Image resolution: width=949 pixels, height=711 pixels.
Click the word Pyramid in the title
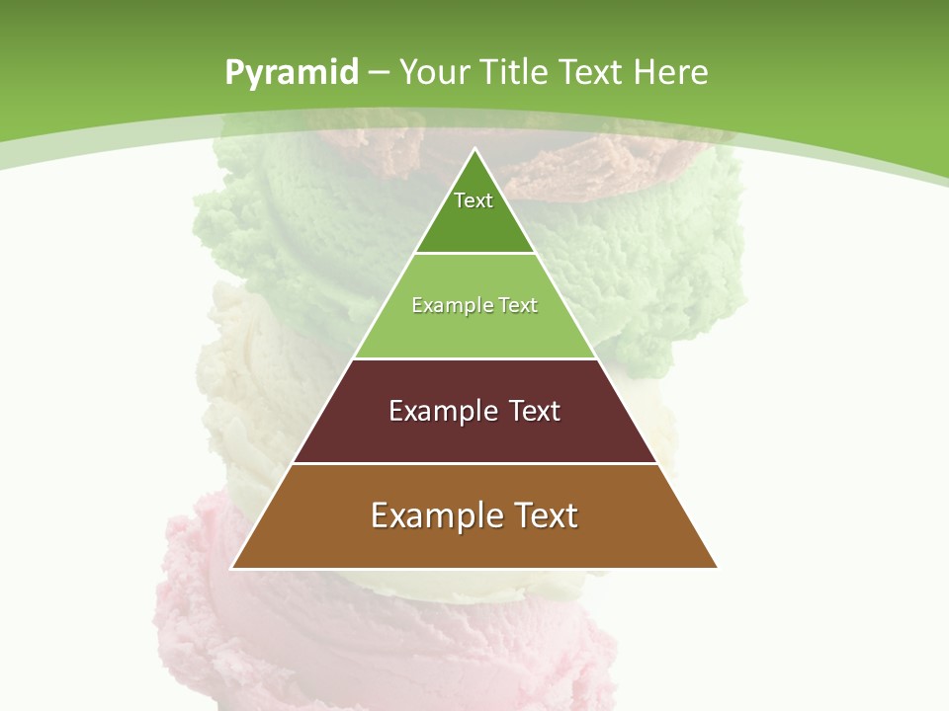[x=292, y=73]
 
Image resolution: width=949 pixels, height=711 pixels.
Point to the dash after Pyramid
[x=379, y=73]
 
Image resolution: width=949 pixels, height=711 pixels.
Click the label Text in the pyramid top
[x=474, y=200]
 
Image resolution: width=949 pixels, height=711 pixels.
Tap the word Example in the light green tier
[x=442, y=305]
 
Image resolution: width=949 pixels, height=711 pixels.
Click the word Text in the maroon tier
[x=534, y=411]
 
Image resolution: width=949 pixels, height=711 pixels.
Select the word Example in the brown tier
[x=431, y=515]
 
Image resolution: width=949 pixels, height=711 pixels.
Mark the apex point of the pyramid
[x=474, y=149]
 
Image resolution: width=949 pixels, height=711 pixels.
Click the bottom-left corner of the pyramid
[x=232, y=568]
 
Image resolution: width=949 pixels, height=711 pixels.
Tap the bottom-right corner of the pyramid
[x=717, y=568]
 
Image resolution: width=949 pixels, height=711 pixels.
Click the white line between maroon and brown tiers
[x=474, y=463]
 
